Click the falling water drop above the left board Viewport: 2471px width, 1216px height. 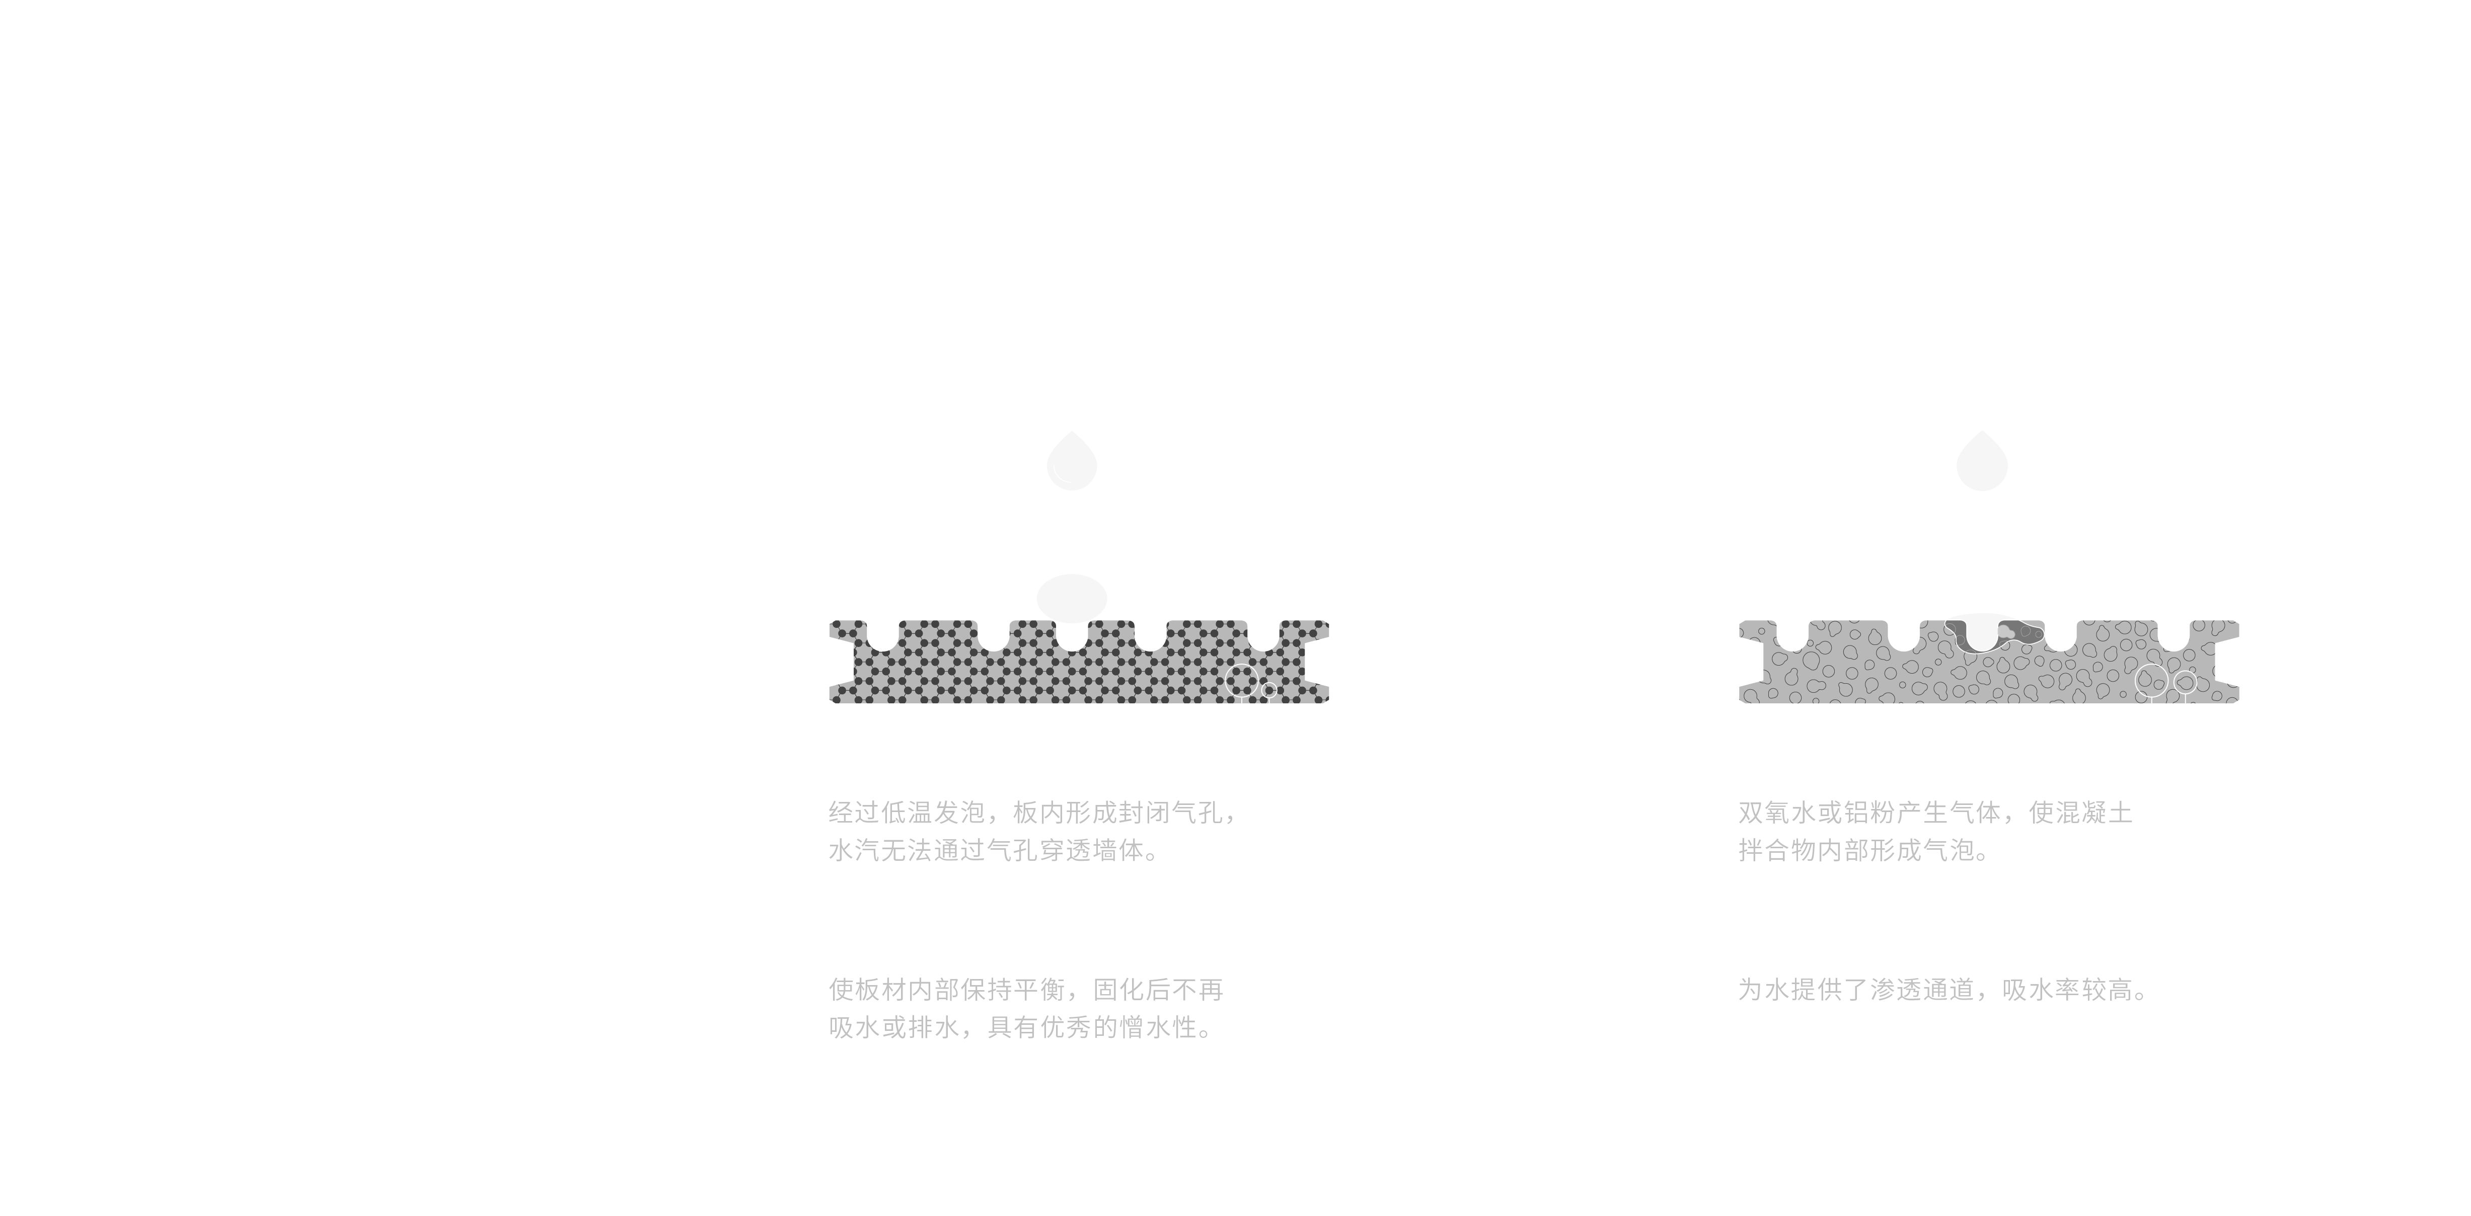pyautogui.click(x=1072, y=462)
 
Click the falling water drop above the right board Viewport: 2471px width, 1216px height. pyautogui.click(x=1982, y=462)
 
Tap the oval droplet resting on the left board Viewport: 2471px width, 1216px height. pyautogui.click(x=1072, y=598)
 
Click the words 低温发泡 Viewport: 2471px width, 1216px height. pyautogui.click(x=933, y=813)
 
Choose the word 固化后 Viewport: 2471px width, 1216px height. pyautogui.click(x=1132, y=990)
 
